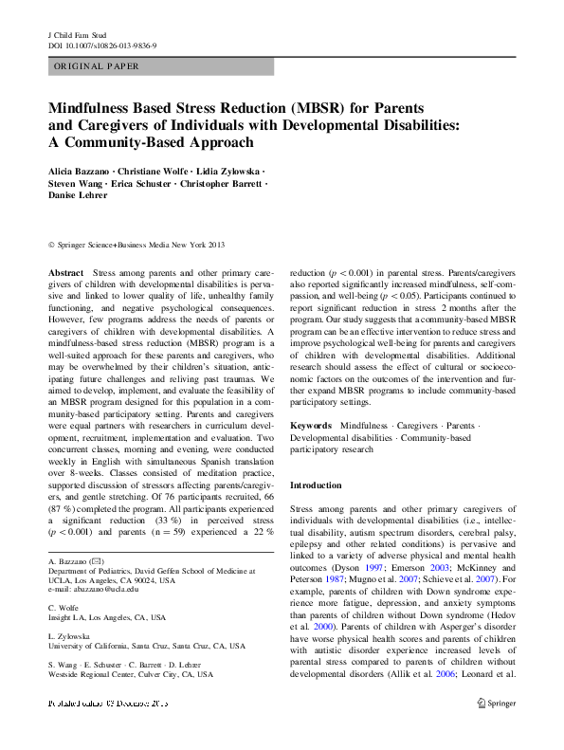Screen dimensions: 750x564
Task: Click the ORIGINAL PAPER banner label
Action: pyautogui.click(x=97, y=67)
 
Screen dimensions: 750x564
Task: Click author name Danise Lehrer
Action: pyautogui.click(x=80, y=194)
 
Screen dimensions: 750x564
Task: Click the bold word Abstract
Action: pyautogui.click(x=65, y=272)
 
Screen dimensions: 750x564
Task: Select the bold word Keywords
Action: pyautogui.click(x=310, y=427)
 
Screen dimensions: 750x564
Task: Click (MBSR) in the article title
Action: pyautogui.click(x=318, y=108)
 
